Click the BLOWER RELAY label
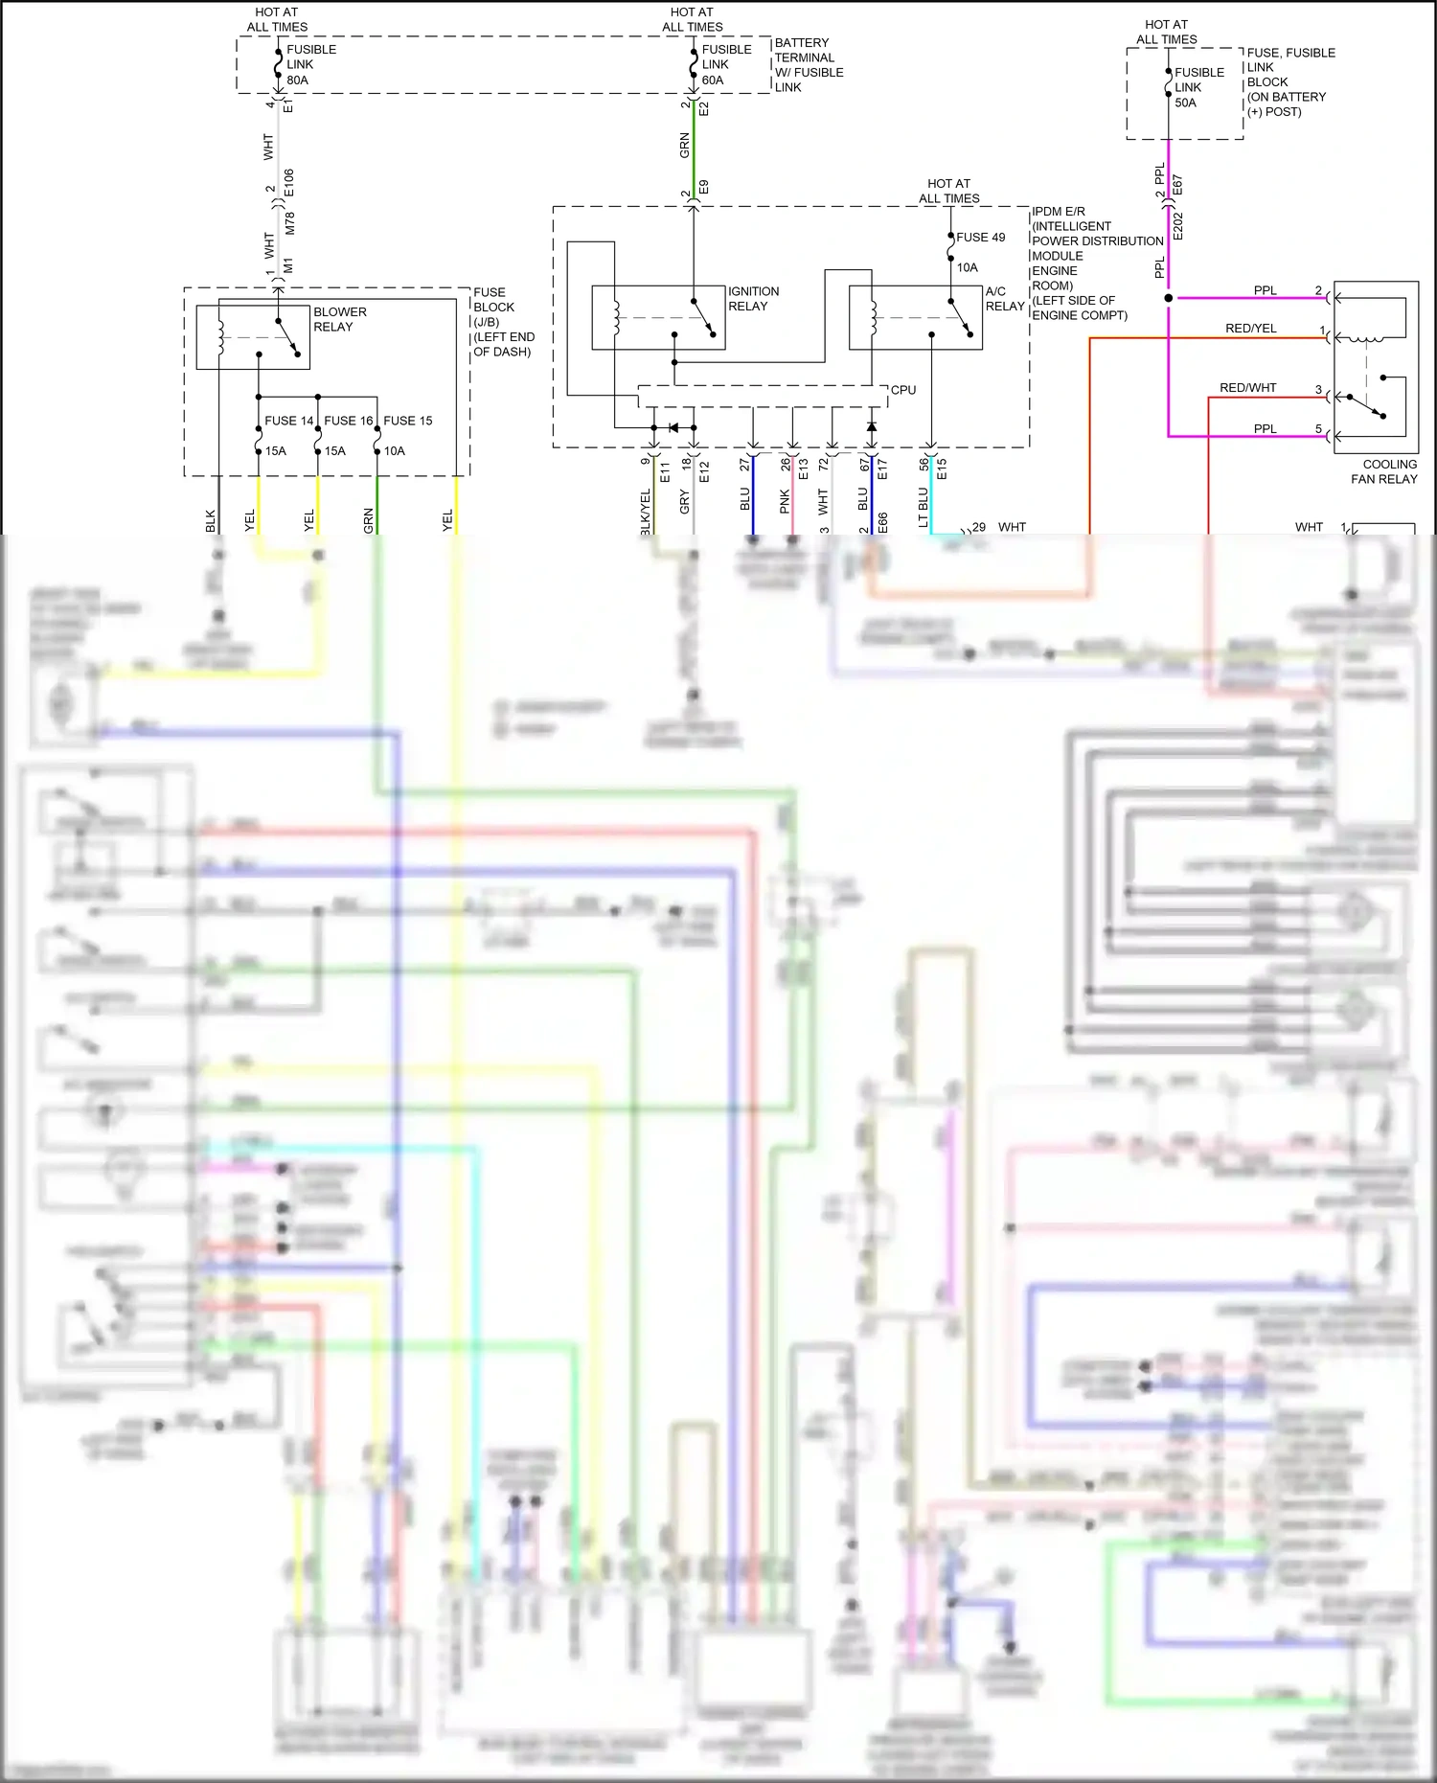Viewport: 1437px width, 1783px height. pos(339,319)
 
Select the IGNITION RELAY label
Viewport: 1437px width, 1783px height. pos(753,298)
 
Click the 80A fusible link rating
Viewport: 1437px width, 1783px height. pos(297,80)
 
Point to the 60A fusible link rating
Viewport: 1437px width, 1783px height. pos(713,80)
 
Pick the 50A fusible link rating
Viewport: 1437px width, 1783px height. pos(1185,103)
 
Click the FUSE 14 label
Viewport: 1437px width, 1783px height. pos(288,421)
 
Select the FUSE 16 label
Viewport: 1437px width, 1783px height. pos(348,421)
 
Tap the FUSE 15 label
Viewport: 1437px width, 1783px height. pos(407,421)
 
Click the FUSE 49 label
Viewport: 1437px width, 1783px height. pos(980,238)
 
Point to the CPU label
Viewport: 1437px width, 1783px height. pos(902,390)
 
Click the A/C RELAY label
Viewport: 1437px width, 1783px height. pos(1004,298)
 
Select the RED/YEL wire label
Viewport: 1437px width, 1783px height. pos(1250,329)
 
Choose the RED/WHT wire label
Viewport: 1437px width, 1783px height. pos(1247,388)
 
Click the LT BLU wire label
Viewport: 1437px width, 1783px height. pos(924,507)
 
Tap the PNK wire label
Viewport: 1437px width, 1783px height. pos(785,501)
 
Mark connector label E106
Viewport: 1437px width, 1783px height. pos(289,183)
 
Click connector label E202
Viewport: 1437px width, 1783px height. pos(1178,226)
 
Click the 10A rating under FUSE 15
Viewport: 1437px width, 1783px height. pos(394,451)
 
